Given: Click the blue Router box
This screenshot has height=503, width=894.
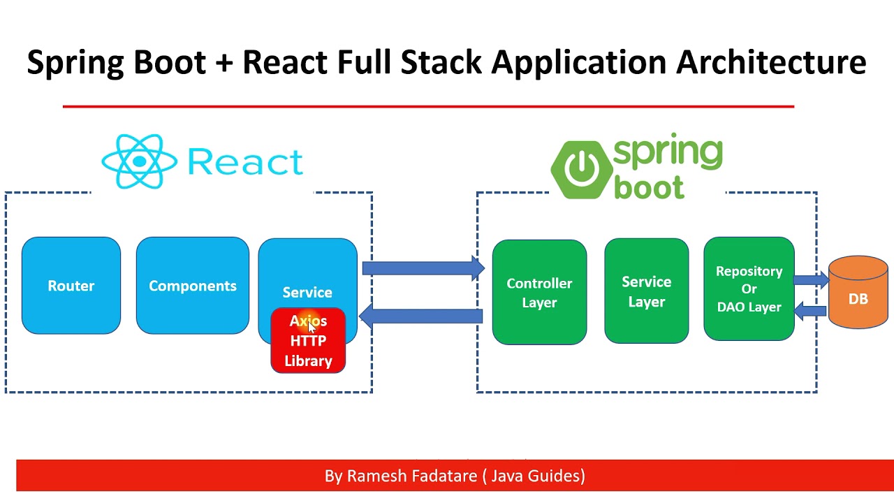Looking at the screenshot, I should tap(71, 286).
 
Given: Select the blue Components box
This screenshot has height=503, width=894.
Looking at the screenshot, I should tap(193, 286).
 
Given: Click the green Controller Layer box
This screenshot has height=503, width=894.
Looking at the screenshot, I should tap(539, 293).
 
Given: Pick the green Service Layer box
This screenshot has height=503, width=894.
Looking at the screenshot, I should tap(646, 291).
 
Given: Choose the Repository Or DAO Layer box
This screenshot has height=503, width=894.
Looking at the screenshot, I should tap(749, 289).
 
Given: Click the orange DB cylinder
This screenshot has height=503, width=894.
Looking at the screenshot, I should tap(858, 293).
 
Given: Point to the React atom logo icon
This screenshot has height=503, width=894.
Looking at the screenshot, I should tap(140, 161).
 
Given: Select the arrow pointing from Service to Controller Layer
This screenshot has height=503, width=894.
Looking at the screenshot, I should tap(423, 268).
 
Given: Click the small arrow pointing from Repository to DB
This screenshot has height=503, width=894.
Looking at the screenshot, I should tap(811, 280).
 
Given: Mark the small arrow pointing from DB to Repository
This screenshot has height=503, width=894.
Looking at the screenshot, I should tap(811, 310).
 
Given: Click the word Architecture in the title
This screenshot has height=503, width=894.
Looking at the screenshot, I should tap(771, 61).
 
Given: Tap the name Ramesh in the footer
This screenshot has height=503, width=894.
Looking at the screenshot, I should tap(376, 476).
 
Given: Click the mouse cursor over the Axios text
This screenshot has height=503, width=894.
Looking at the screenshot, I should tap(312, 327).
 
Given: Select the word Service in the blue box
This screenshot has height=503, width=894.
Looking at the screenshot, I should tap(307, 292).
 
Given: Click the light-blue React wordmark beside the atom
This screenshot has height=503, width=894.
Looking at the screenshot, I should tap(245, 162).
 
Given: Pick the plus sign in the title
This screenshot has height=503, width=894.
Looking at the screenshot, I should tap(223, 63).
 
